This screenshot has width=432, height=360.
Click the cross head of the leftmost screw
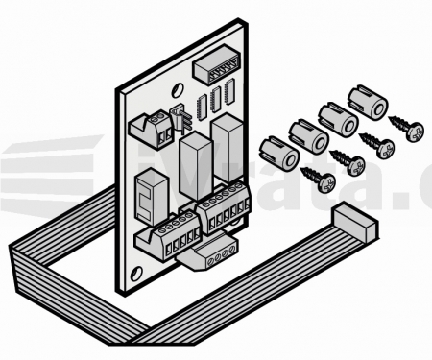click(x=326, y=181)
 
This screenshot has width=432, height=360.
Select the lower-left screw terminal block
click(x=174, y=236)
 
